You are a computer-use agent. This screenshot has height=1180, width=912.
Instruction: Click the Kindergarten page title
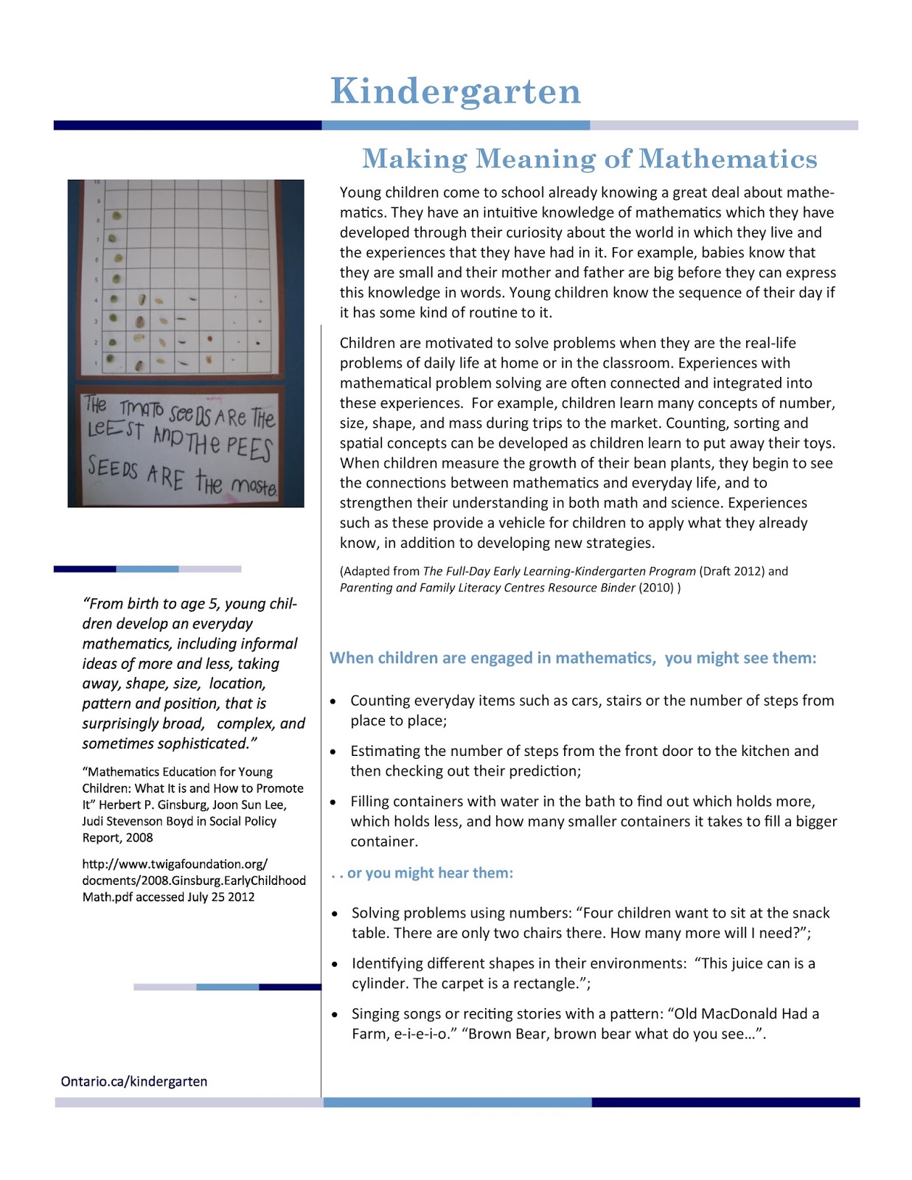(x=456, y=92)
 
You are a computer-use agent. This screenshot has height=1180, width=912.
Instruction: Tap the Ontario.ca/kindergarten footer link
(x=134, y=1081)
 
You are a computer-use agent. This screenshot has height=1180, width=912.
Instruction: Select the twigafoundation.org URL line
(x=175, y=864)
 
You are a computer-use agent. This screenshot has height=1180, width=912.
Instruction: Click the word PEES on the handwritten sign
(x=249, y=447)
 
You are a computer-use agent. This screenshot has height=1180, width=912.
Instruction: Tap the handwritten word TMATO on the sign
(x=142, y=409)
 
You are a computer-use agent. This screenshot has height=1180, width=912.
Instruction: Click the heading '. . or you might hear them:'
(x=422, y=873)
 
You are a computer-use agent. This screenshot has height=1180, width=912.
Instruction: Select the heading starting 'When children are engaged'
(x=573, y=658)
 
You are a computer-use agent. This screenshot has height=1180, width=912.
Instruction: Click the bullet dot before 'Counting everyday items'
(x=334, y=701)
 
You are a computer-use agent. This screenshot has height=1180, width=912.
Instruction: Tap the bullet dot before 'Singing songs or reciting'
(x=335, y=1015)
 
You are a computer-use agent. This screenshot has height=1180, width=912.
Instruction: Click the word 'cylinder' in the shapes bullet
(x=379, y=984)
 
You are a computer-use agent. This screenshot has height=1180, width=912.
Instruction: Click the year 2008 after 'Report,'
(x=139, y=838)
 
